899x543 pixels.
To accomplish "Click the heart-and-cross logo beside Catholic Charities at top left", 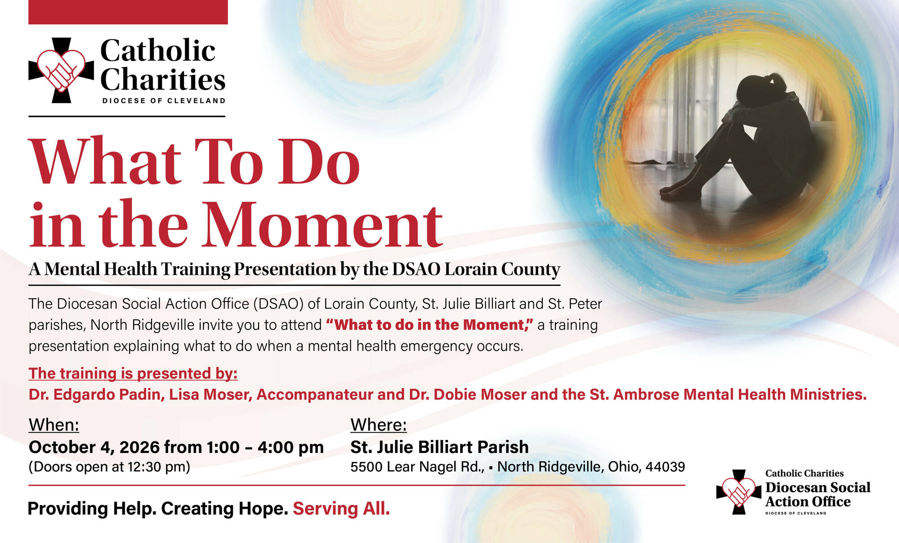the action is pyautogui.click(x=61, y=70).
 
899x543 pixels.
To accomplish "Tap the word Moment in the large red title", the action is pyautogui.click(x=322, y=225).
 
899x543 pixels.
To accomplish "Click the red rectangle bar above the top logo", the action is pyautogui.click(x=128, y=12).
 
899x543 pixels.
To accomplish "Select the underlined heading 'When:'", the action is pyautogui.click(x=54, y=425).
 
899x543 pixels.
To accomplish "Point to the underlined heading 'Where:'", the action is pyautogui.click(x=379, y=425).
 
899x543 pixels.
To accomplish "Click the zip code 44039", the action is pyautogui.click(x=665, y=467).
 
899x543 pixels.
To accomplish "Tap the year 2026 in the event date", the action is pyautogui.click(x=139, y=447).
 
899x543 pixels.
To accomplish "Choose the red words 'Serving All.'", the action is pyautogui.click(x=341, y=509).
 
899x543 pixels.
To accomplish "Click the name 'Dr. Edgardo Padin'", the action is pyautogui.click(x=94, y=395).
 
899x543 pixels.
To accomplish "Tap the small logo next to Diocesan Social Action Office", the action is pyautogui.click(x=738, y=492).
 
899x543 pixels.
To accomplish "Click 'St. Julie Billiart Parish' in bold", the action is pyautogui.click(x=439, y=447).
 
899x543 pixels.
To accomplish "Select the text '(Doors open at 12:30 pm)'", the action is pyautogui.click(x=109, y=467).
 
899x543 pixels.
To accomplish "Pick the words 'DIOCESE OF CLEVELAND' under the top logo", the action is pyautogui.click(x=164, y=101).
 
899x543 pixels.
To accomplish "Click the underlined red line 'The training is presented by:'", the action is pyautogui.click(x=133, y=374).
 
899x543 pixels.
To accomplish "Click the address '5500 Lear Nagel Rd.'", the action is pyautogui.click(x=417, y=467).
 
